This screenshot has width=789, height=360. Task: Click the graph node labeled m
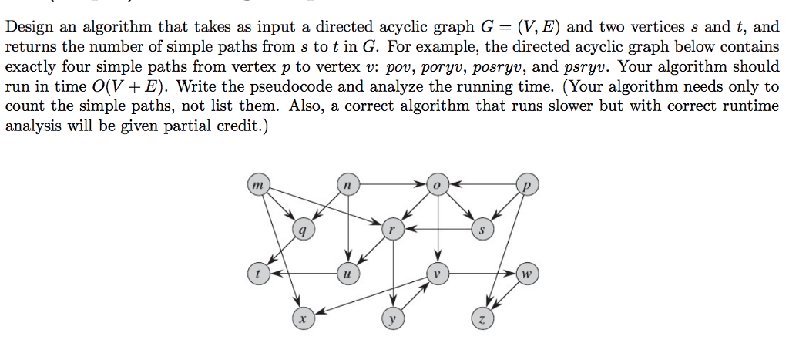pos(258,186)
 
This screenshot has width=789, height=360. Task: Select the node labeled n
pos(348,186)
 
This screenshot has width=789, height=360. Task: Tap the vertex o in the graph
pos(437,186)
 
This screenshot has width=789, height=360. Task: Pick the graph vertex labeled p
pos(527,186)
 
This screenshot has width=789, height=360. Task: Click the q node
pos(303,229)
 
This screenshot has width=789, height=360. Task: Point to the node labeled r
pos(392,229)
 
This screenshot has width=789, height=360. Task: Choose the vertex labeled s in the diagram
pos(482,229)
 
